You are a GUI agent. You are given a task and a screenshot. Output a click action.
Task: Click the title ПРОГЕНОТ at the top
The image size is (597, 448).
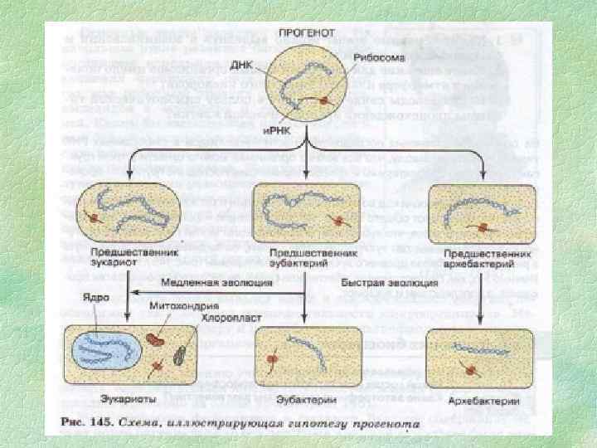[x=308, y=32]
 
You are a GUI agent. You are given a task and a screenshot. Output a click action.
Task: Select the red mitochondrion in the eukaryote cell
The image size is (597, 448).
[x=155, y=340]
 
